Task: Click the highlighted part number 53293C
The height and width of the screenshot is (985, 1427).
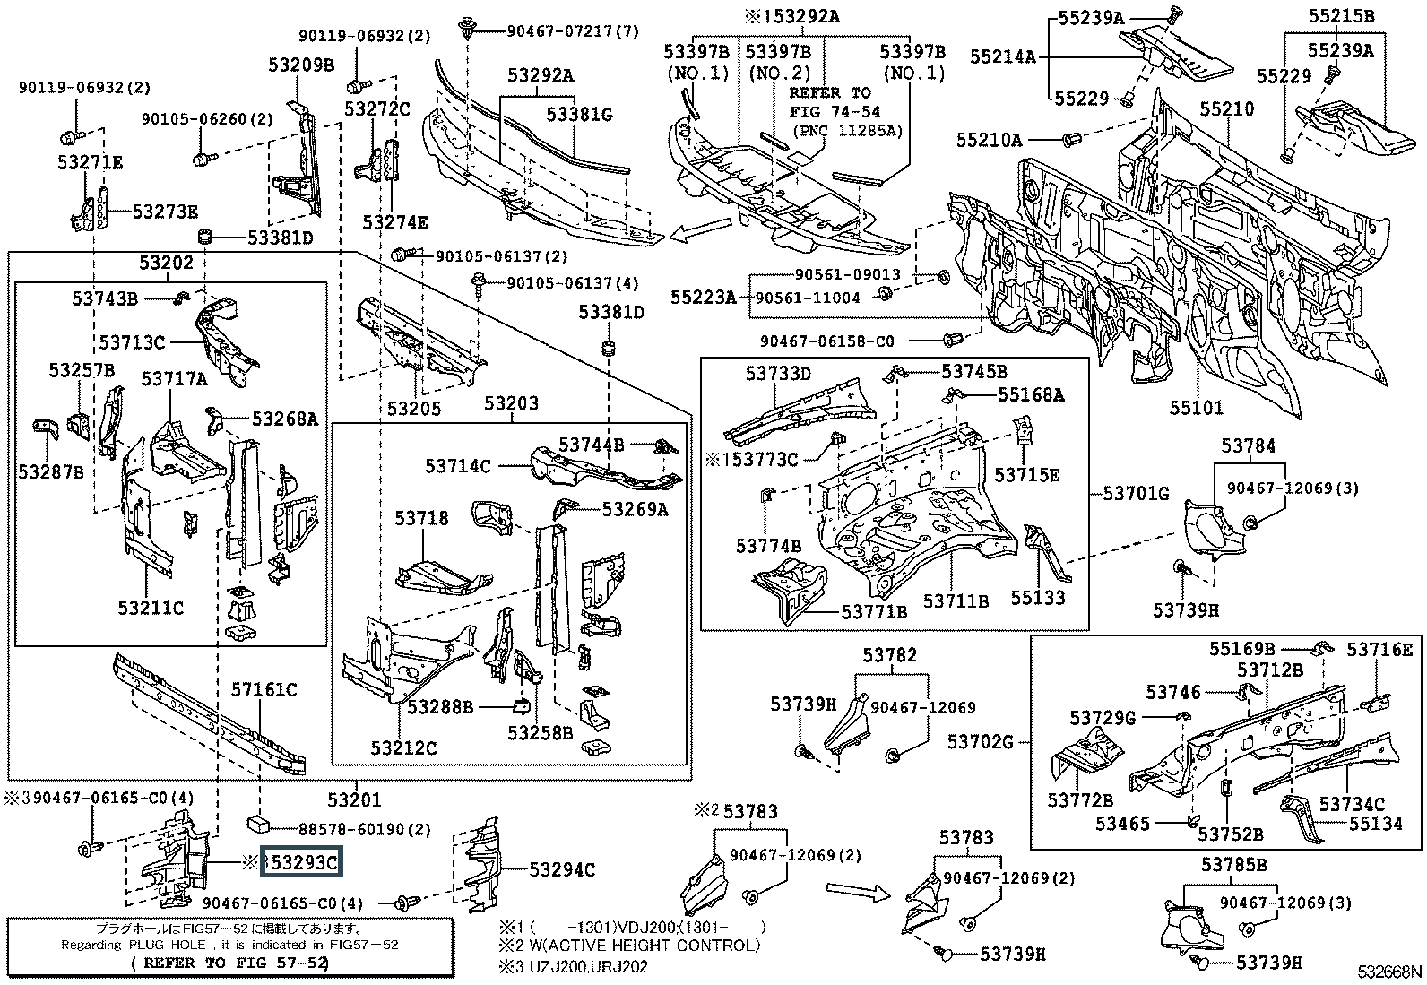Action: tap(301, 862)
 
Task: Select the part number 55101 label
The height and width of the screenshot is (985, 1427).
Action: tap(1196, 408)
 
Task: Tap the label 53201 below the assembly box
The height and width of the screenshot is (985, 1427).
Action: tap(353, 799)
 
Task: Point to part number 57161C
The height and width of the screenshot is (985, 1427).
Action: tap(264, 689)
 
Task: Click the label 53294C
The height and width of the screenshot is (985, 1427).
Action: tap(561, 869)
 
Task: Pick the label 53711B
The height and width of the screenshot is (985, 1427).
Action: tap(956, 601)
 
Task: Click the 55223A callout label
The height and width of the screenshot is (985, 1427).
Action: tap(702, 297)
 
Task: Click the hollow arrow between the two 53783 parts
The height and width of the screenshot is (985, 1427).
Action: tap(856, 889)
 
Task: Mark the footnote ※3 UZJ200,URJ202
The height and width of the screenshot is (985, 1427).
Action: tap(574, 966)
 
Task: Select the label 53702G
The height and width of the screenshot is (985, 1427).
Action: tap(981, 741)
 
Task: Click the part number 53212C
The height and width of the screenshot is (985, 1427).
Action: tap(403, 747)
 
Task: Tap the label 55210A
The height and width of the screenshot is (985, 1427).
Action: tap(989, 140)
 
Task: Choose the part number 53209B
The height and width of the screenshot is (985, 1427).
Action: tap(300, 65)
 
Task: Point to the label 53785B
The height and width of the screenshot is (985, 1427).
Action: tap(1233, 864)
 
